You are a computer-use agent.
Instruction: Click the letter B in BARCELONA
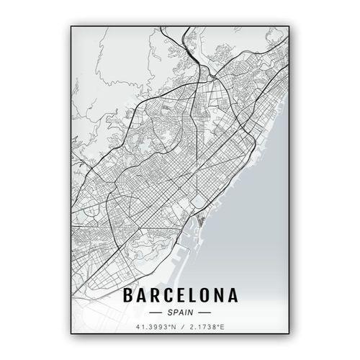pyautogui.click(x=129, y=295)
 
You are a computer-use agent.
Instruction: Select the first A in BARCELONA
pyautogui.click(x=142, y=295)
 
